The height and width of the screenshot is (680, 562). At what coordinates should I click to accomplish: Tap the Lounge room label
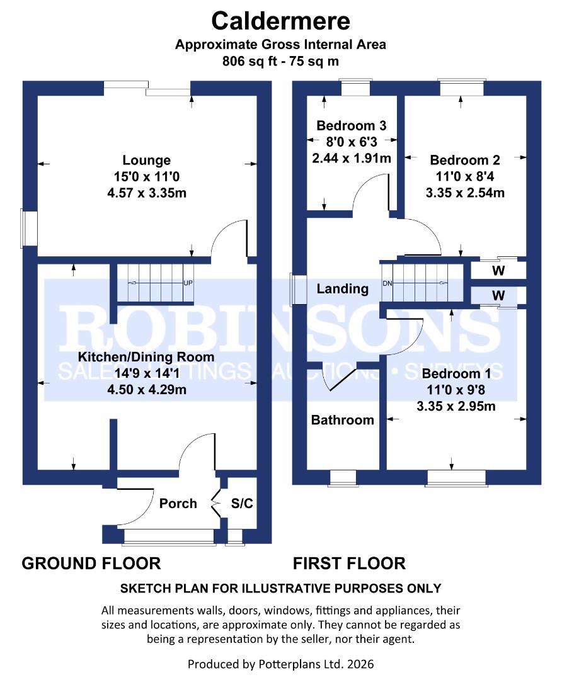tap(146, 161)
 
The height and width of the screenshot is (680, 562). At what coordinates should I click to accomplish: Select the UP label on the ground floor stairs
tap(187, 283)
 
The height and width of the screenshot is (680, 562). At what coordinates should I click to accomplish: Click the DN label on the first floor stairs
tap(387, 283)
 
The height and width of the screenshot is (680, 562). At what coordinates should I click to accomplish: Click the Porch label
tap(178, 504)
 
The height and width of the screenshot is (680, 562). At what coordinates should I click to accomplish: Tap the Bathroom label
tap(342, 420)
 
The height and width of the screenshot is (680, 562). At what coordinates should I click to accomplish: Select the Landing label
tap(342, 289)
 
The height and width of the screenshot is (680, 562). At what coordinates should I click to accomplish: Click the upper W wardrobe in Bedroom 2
tap(498, 271)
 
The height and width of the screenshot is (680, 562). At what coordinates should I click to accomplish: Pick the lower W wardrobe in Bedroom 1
tap(498, 295)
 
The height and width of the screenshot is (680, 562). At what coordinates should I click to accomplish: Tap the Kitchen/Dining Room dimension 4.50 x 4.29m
tap(146, 390)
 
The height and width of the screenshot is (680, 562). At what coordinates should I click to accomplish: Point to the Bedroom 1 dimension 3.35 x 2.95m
tap(456, 406)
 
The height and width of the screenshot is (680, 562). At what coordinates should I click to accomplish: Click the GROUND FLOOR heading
tap(91, 563)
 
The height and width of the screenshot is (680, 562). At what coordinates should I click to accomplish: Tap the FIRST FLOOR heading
tap(349, 563)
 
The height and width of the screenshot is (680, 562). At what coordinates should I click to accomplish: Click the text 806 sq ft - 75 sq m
tap(280, 62)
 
